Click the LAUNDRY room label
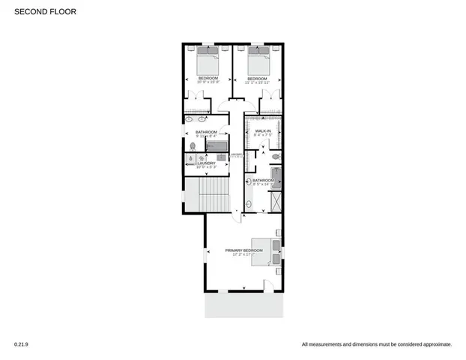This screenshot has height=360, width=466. tap(206, 163)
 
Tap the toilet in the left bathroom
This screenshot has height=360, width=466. tap(193, 146)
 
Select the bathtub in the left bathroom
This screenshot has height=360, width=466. tap(217, 145)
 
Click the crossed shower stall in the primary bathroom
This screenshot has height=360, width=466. tap(277, 199)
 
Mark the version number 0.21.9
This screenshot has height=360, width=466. tap(21, 344)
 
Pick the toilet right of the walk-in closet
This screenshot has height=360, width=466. tap(276, 157)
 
